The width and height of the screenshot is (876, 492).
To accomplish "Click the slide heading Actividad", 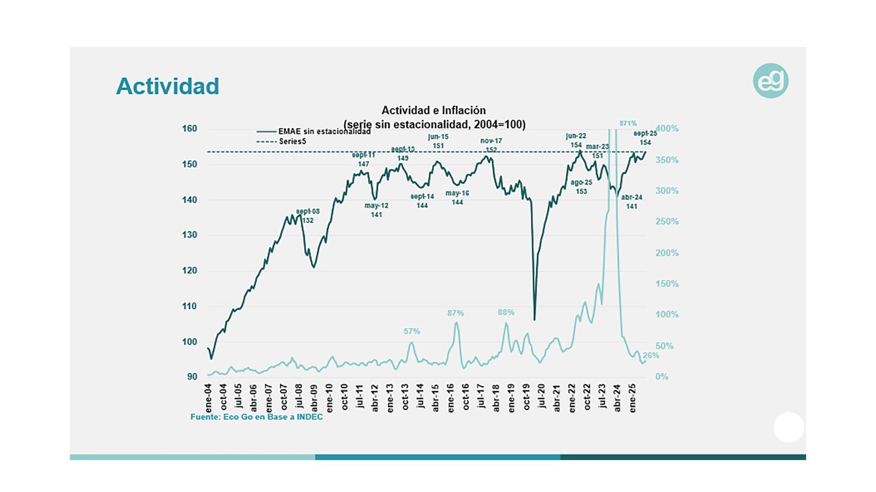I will (x=167, y=86).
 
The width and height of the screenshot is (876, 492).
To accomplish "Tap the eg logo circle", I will (x=771, y=81).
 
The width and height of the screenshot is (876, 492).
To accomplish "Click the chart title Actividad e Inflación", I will (x=433, y=110).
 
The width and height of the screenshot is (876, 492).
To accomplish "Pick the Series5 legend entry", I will (x=292, y=141).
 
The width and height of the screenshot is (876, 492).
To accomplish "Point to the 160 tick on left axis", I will (x=189, y=129).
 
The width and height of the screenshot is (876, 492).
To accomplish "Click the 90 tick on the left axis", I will (x=192, y=377).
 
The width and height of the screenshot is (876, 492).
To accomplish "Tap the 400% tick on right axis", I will (x=667, y=129).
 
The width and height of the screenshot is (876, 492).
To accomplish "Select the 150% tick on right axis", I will (x=667, y=284).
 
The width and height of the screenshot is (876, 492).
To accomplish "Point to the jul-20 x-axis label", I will (x=542, y=396).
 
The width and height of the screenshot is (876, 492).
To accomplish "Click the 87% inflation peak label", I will (x=455, y=313).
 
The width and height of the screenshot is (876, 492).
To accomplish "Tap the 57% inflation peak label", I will (x=412, y=331).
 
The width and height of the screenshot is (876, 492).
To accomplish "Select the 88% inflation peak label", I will (x=506, y=312).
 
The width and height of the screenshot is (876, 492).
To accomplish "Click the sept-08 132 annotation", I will (x=308, y=216).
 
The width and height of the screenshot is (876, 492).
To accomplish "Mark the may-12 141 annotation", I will (x=376, y=210).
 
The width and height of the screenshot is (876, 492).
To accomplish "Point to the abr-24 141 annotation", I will (x=631, y=202).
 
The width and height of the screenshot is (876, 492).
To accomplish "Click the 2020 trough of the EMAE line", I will (x=534, y=319).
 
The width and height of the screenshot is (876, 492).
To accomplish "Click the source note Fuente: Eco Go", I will (x=256, y=417).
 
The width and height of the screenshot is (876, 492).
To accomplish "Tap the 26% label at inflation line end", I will (x=651, y=356).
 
